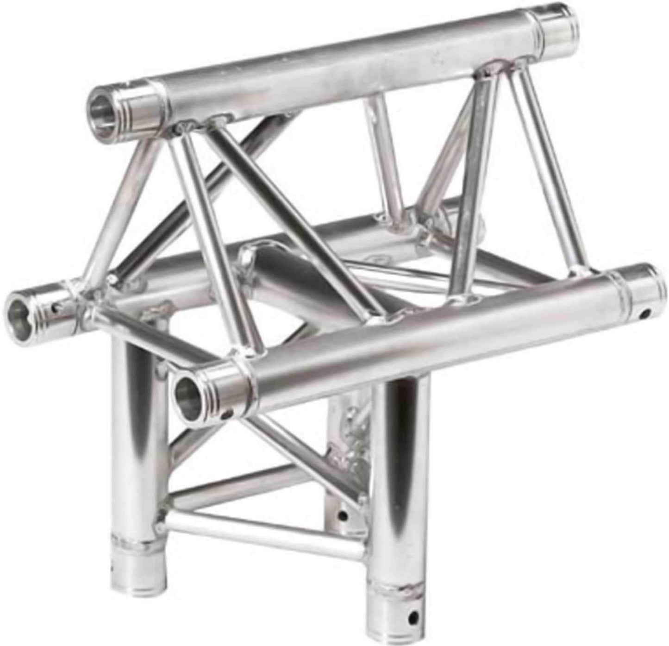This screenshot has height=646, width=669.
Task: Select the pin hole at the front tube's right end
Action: coord(644,316)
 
